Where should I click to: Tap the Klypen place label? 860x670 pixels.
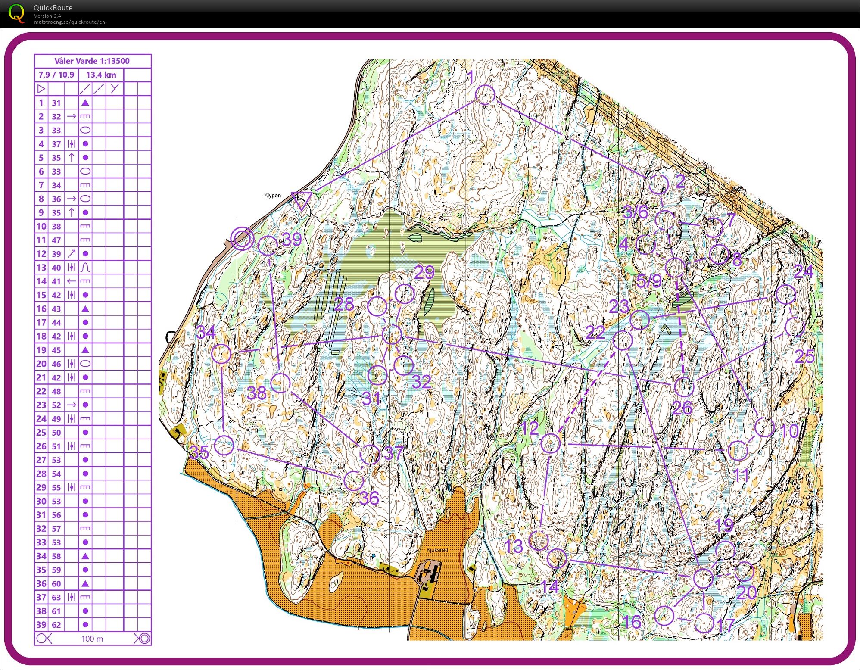272,195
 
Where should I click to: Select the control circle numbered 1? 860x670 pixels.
485,94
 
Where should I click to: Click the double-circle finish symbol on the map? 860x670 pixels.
242,238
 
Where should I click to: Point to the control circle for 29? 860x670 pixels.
405,294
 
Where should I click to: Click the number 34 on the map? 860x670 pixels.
206,332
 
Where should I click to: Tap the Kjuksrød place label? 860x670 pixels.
437,550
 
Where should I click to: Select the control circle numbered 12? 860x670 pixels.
550,443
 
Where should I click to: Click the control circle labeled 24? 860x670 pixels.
785,294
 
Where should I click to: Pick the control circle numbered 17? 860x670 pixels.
704,623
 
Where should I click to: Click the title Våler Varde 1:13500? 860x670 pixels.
92,61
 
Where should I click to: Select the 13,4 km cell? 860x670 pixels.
101,75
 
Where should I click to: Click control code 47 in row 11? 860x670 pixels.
56,240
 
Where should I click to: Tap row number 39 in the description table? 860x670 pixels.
41,625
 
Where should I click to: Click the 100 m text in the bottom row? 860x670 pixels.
92,639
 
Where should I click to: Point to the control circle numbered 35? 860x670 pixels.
224,446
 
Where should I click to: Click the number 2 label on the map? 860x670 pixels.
680,181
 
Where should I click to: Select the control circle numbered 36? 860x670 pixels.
354,480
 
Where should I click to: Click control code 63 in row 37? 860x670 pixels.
56,597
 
